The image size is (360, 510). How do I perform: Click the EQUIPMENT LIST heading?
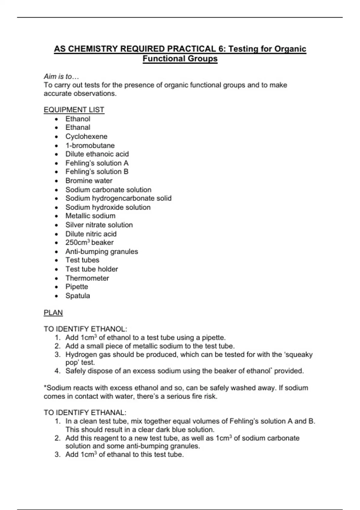(74, 110)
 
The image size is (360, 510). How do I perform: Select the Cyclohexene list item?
(86, 136)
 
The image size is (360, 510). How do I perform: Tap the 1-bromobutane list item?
(90, 145)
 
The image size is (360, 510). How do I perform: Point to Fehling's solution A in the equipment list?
(97, 163)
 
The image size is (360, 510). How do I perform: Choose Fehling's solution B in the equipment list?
(97, 172)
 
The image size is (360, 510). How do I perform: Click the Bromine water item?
(89, 181)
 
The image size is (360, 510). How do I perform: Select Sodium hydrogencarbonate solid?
(118, 198)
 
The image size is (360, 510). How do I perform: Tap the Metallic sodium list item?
(90, 216)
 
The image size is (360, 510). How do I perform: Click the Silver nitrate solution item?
(99, 225)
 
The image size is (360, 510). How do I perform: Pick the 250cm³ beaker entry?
(89, 242)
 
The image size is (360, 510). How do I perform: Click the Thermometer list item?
(87, 278)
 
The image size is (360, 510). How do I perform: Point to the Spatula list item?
(78, 296)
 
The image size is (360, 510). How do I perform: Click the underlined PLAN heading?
(53, 313)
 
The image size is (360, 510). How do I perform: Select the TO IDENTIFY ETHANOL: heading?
(85, 329)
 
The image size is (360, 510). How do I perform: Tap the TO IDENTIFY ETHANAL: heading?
(85, 412)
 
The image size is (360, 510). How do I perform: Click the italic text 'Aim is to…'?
(61, 76)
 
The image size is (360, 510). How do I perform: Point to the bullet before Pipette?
(57, 287)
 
